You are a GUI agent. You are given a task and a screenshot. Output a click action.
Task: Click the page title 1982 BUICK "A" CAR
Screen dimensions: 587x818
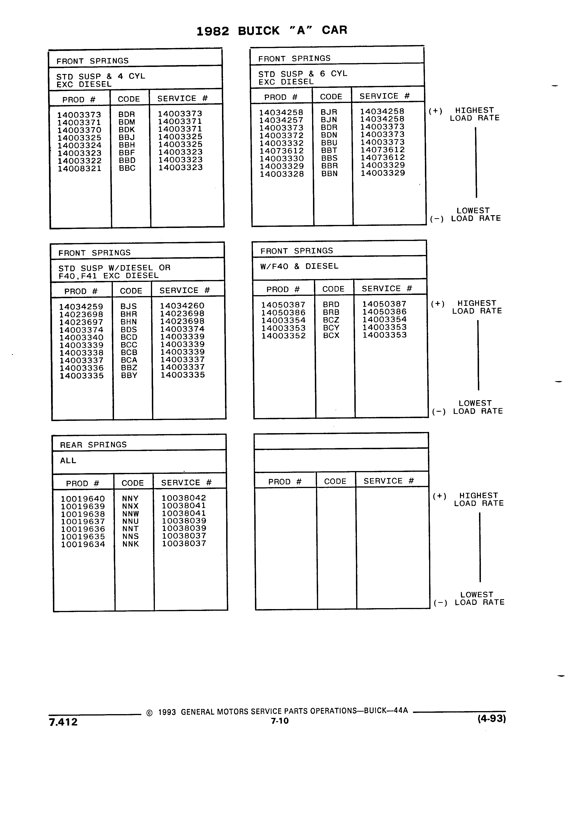(272, 31)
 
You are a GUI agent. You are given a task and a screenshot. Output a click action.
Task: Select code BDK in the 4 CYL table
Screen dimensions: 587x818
(127, 130)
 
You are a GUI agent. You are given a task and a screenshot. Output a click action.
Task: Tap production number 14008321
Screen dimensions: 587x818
(80, 168)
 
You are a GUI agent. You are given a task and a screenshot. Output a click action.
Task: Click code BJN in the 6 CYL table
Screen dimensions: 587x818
(329, 120)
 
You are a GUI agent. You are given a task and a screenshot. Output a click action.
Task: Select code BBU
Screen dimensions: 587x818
(329, 143)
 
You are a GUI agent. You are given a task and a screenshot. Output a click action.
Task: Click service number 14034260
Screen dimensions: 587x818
(182, 306)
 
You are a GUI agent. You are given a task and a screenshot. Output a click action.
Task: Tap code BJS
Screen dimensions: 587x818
(129, 306)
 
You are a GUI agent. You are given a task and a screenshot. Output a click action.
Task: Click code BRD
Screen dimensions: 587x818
(331, 304)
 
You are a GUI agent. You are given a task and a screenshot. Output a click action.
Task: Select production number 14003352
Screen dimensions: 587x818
(284, 336)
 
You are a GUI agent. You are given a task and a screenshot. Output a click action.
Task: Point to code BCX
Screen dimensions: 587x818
(331, 335)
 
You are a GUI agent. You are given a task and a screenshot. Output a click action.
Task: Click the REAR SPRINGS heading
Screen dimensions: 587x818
(93, 445)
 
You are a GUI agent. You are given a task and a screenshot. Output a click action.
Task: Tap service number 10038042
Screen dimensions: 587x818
(184, 498)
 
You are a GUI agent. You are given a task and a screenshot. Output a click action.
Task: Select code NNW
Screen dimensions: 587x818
(130, 514)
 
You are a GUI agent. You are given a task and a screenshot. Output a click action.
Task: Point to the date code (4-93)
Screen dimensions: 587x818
(492, 719)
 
